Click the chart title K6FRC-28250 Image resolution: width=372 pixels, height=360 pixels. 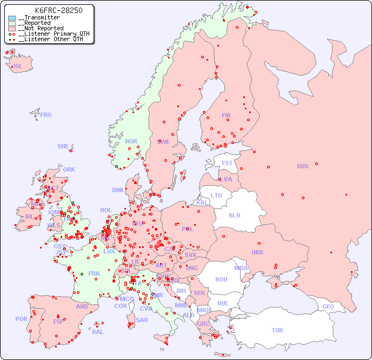tap(58, 10)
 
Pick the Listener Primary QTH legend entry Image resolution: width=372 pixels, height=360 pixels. tap(51, 34)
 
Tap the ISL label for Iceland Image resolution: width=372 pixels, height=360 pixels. tap(18, 67)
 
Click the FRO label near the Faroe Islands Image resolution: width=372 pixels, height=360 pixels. tap(46, 115)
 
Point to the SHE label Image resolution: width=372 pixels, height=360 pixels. tap(63, 146)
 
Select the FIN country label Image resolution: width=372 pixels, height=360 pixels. tap(226, 115)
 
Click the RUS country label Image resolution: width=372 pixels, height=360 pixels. tap(302, 166)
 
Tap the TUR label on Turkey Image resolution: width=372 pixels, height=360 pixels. tap(277, 330)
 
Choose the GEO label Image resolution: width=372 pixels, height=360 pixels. tap(328, 306)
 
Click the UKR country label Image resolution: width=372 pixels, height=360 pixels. tap(257, 252)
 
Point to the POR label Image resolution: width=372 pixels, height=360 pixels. tap(21, 319)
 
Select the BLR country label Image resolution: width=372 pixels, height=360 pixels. tap(234, 215)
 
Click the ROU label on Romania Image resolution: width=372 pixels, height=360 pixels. tap(221, 279)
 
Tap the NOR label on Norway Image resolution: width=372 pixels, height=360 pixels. tap(131, 141)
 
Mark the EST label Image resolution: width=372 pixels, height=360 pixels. tap(227, 163)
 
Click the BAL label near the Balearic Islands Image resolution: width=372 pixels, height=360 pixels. tap(98, 332)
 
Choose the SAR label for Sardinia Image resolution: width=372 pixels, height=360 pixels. tap(142, 320)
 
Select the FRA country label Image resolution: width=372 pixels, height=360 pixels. tap(94, 273)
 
